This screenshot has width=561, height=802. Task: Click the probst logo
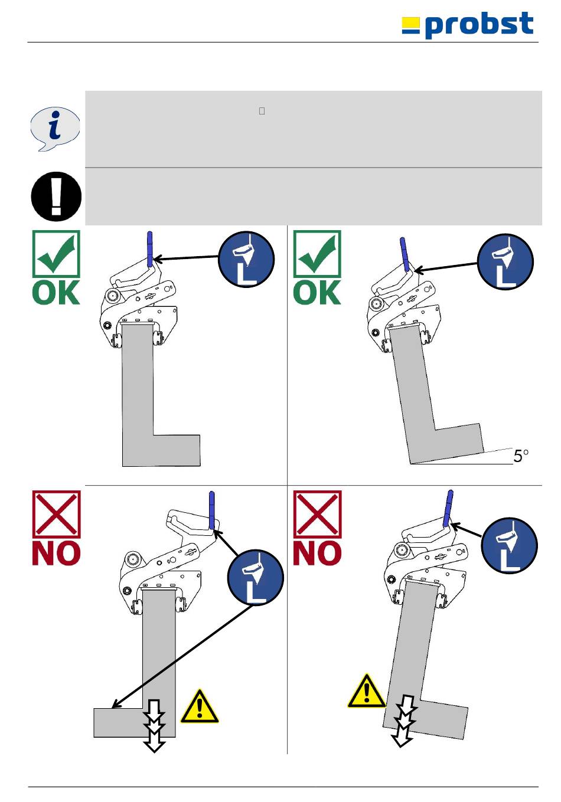point(468,25)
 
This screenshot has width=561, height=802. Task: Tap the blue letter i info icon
point(55,129)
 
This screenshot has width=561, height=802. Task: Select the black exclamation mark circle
point(56,196)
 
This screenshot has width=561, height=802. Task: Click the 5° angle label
point(521,456)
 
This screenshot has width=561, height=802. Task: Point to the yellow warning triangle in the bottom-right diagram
point(367,692)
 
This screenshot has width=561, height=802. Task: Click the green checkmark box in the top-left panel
point(56,254)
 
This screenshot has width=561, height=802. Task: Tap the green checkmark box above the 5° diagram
point(317,254)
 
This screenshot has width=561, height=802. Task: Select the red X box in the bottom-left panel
point(56,514)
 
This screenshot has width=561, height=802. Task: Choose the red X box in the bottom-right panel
point(317,514)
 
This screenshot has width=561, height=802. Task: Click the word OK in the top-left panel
point(56,293)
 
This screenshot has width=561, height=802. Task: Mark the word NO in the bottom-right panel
point(317,553)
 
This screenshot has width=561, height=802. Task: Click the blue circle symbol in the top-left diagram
point(246,259)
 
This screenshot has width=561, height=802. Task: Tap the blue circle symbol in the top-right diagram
point(505,261)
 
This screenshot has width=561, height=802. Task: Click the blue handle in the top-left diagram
point(150,249)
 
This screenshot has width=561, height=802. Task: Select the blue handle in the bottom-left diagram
point(212,509)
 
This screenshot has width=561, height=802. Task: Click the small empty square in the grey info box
point(262,111)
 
